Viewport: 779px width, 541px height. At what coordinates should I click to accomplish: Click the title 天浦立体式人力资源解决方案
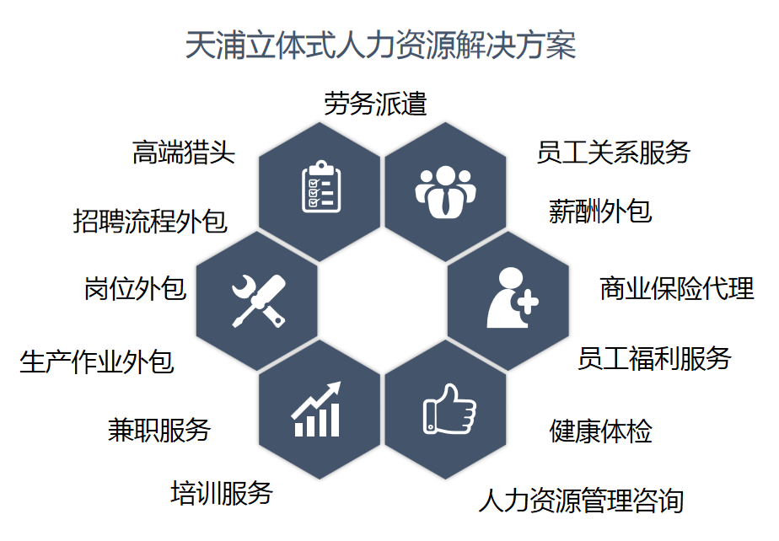pyautogui.click(x=380, y=46)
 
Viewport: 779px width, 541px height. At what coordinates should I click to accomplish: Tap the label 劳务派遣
pyautogui.click(x=376, y=104)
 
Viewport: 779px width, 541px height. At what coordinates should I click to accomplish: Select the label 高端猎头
pyautogui.click(x=183, y=152)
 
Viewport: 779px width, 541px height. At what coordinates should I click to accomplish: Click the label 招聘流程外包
pyautogui.click(x=150, y=221)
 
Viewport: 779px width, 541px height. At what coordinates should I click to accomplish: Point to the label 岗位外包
pyautogui.click(x=135, y=288)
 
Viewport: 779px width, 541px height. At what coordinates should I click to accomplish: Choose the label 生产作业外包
pyautogui.click(x=97, y=362)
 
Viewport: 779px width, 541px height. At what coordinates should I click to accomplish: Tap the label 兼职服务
pyautogui.click(x=159, y=430)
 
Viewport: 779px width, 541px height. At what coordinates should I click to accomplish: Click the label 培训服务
pyautogui.click(x=222, y=493)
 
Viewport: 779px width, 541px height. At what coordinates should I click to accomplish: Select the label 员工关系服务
pyautogui.click(x=614, y=152)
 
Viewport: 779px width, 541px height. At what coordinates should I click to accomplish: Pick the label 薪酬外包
pyautogui.click(x=600, y=211)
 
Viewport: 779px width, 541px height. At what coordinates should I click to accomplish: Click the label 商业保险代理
pyautogui.click(x=677, y=288)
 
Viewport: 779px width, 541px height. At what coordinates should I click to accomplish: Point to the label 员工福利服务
pyautogui.click(x=654, y=358)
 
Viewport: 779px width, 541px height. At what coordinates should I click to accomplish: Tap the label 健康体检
pyautogui.click(x=600, y=431)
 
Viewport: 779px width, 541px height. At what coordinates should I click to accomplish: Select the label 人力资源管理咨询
pyautogui.click(x=581, y=501)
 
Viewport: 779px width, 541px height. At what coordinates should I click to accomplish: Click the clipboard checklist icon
pyautogui.click(x=321, y=186)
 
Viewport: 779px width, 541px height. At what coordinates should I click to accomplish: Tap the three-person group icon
pyautogui.click(x=445, y=192)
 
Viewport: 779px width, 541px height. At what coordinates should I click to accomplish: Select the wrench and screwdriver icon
pyautogui.click(x=259, y=301)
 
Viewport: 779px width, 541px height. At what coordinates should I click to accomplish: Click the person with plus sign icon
pyautogui.click(x=513, y=297)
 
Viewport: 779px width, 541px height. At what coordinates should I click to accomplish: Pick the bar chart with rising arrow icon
pyautogui.click(x=316, y=409)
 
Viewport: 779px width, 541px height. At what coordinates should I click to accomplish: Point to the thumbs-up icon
pyautogui.click(x=449, y=409)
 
